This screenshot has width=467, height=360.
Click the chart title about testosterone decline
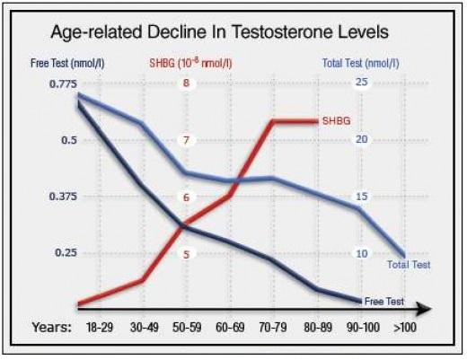[x=219, y=32]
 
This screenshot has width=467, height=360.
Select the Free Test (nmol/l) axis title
[x=67, y=64]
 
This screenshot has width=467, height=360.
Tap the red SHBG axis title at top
[x=190, y=63]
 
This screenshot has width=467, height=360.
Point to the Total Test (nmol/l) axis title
[x=361, y=63]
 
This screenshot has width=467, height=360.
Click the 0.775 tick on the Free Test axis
[x=63, y=83]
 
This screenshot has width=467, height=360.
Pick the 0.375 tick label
[x=63, y=197]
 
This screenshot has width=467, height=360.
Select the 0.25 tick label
[x=66, y=252]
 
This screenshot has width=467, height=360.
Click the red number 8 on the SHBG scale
[x=186, y=83]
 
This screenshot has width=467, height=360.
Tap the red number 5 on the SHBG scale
[x=186, y=255]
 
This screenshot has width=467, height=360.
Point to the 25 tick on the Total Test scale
[x=362, y=82]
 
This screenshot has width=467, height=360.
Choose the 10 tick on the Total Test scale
[x=362, y=254]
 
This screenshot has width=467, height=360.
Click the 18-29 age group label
[x=100, y=327]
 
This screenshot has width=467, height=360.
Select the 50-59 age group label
[x=187, y=327]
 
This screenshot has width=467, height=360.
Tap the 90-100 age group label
[x=363, y=327]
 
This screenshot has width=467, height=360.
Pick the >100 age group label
[x=405, y=327]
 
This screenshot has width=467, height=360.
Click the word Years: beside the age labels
[x=52, y=327]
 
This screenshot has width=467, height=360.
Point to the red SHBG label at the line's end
[x=336, y=121]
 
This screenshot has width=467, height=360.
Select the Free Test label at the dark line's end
[x=384, y=301]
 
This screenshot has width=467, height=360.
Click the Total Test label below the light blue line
[x=409, y=265]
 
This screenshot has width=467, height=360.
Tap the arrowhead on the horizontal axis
[x=423, y=309]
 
